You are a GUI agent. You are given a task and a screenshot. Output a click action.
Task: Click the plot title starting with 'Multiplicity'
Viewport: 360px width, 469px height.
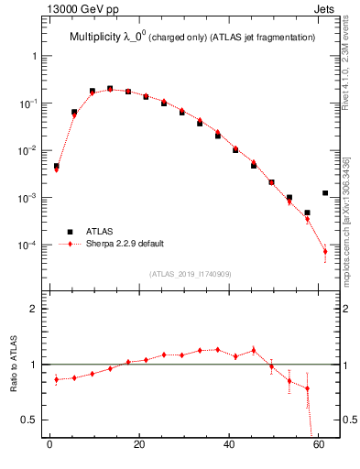(192, 37)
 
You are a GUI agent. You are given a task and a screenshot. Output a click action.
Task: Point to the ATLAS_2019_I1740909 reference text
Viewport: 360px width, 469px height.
(191, 274)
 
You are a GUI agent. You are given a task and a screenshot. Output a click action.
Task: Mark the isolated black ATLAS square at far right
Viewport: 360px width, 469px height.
(325, 193)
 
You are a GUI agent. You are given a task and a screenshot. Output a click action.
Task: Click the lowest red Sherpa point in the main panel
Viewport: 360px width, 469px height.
(325, 251)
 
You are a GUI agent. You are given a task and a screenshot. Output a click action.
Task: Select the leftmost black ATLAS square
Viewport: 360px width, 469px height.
(56, 167)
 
